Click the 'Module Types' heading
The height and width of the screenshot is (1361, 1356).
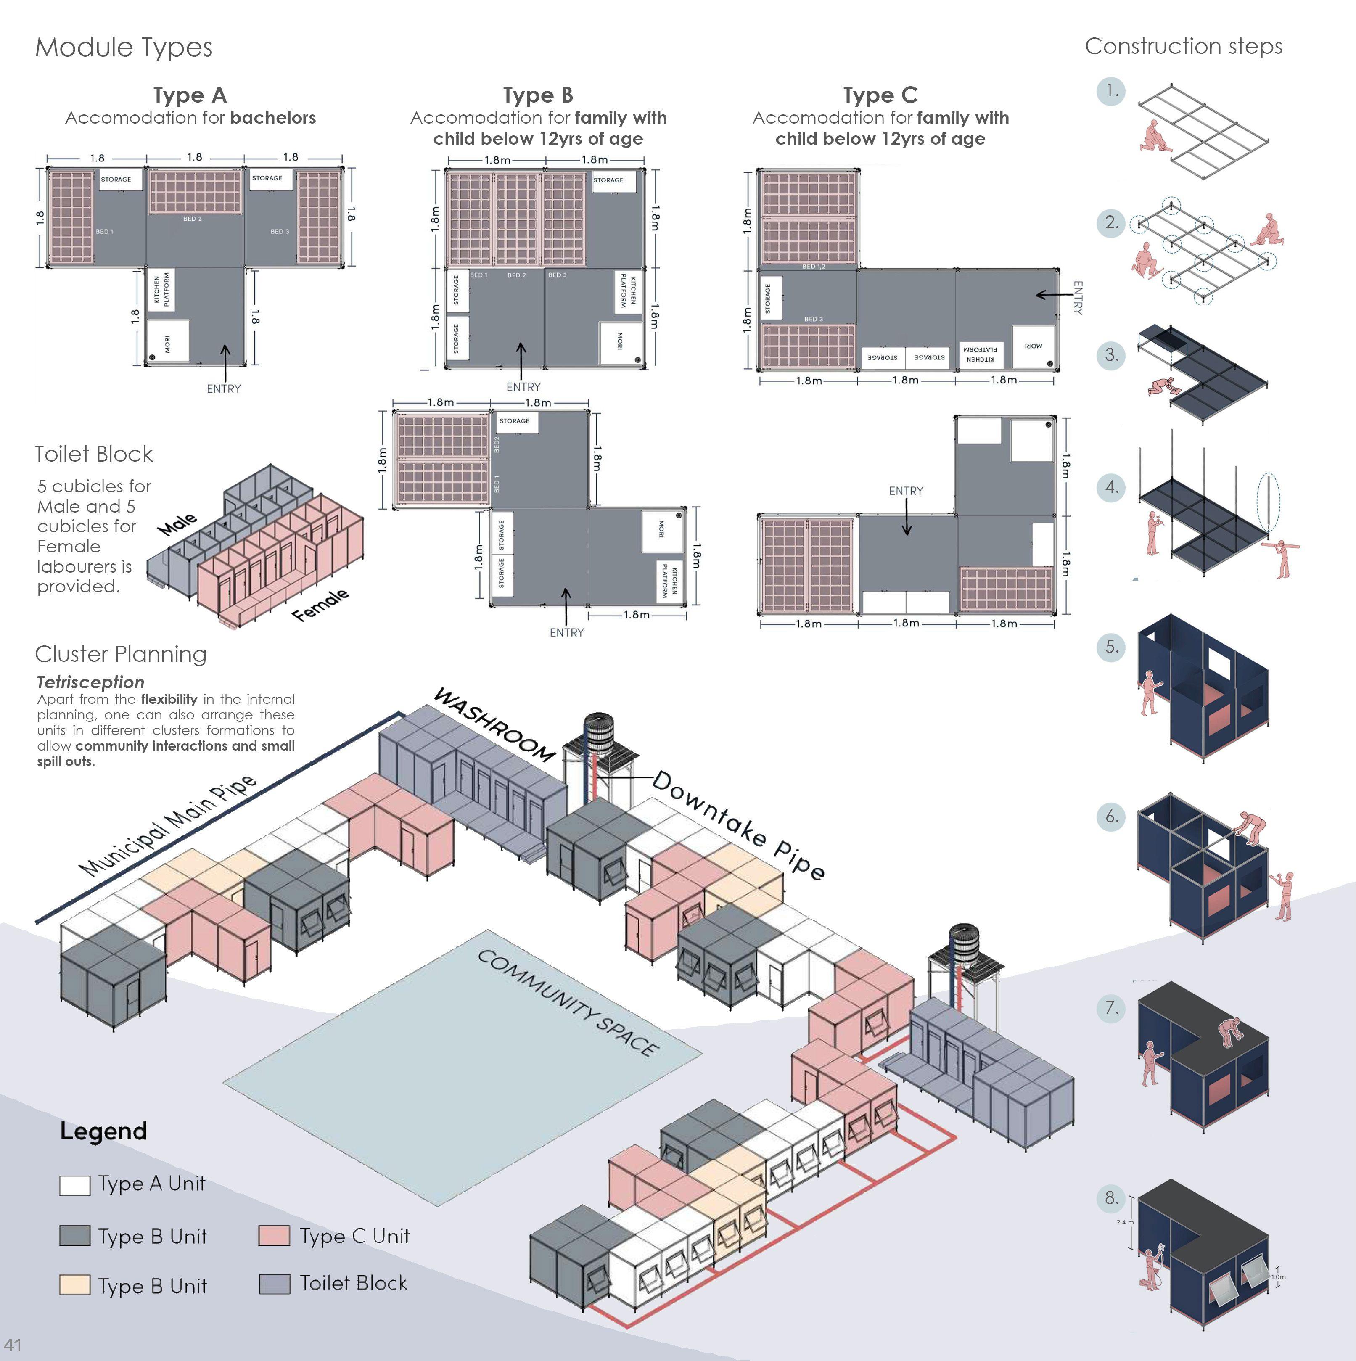(x=123, y=47)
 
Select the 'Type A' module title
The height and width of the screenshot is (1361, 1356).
(x=190, y=95)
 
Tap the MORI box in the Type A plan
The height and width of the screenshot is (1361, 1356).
(x=168, y=342)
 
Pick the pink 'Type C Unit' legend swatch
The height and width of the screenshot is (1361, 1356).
(x=274, y=1236)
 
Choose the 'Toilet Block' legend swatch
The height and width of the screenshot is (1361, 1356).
(x=274, y=1284)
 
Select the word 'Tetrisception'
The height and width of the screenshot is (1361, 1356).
(x=90, y=682)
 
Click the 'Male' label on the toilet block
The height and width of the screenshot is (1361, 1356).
(x=177, y=524)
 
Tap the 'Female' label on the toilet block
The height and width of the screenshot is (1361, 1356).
(x=320, y=605)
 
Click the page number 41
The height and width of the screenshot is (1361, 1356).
(x=13, y=1344)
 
